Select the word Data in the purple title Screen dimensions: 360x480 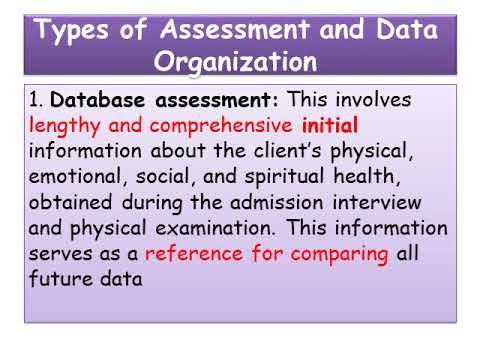[x=405, y=31]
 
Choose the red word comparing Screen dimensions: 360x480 [x=339, y=255]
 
